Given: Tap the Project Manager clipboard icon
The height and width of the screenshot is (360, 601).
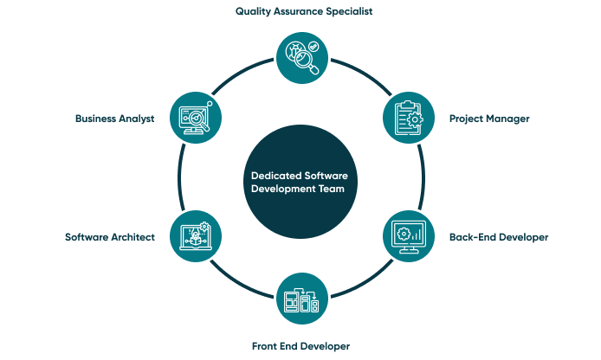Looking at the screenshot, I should (407, 118).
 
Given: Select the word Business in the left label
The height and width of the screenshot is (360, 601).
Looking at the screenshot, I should (94, 119).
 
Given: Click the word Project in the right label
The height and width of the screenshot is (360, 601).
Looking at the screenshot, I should (466, 119).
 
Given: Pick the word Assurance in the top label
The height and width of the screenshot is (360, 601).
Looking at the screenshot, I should (300, 12).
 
